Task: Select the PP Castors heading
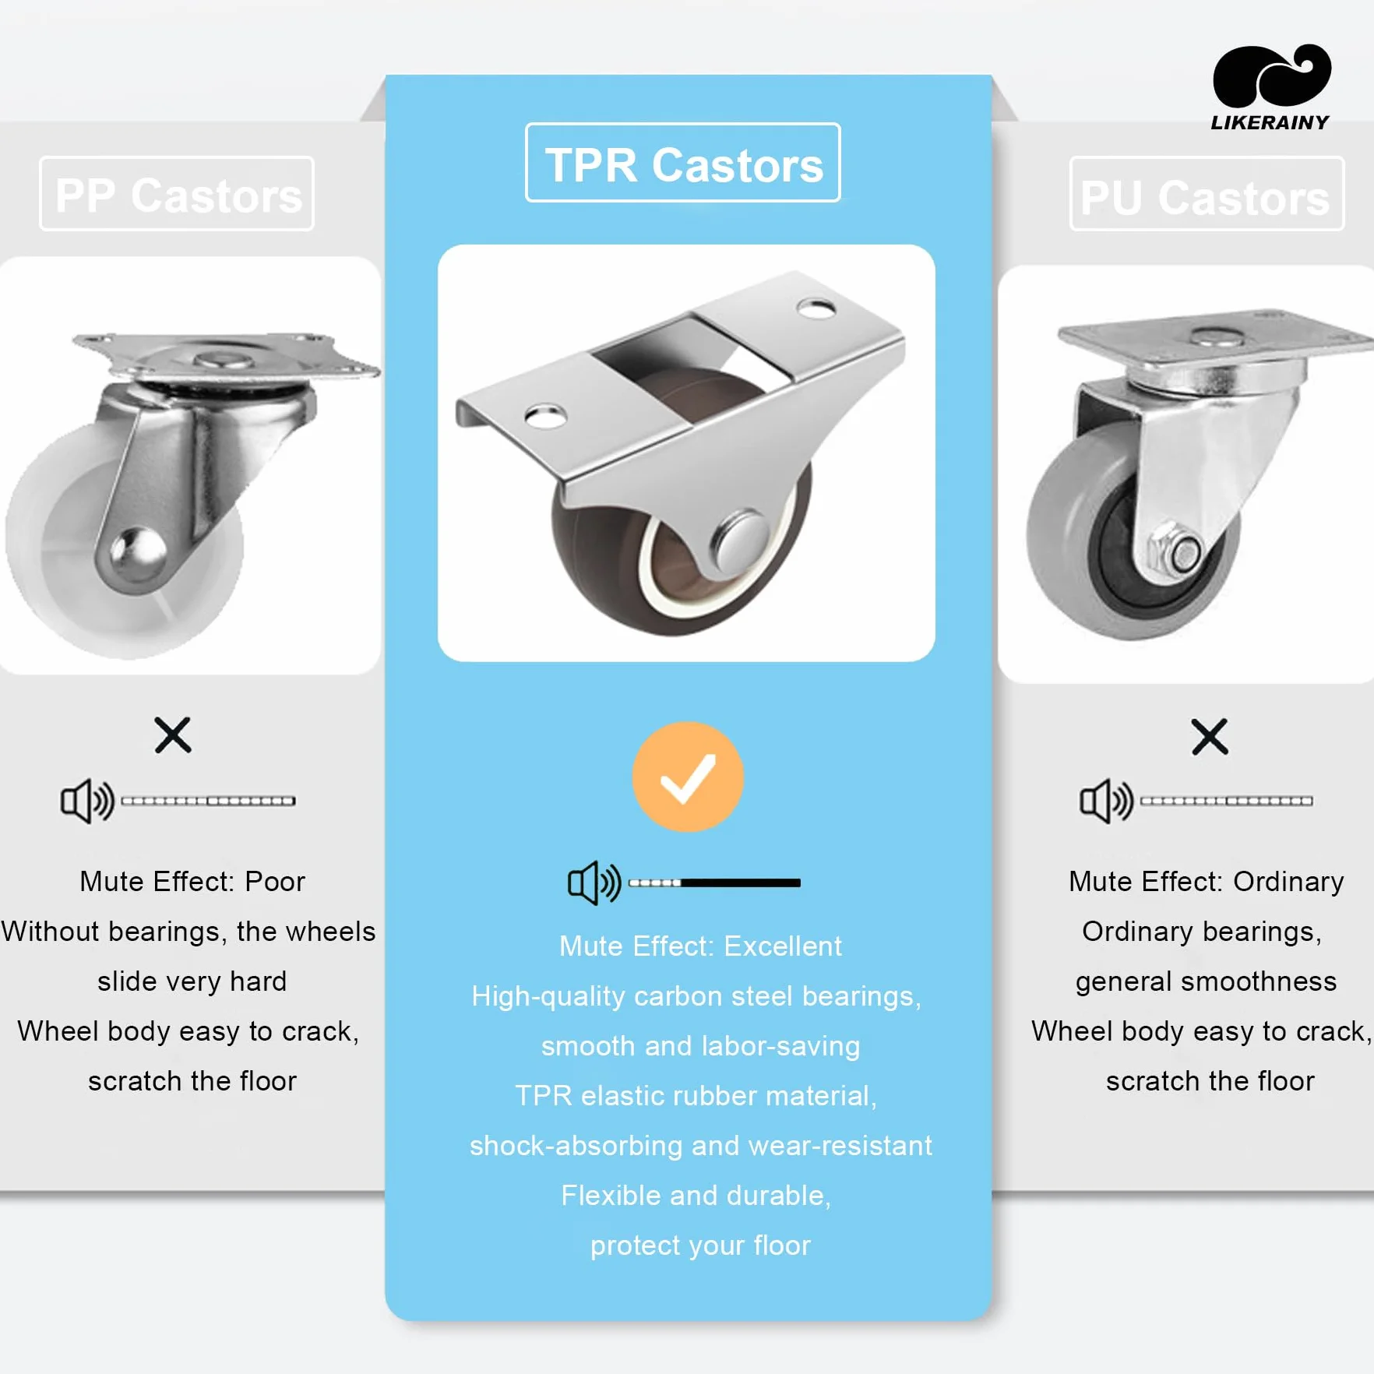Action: point(178,195)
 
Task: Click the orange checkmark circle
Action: point(688,777)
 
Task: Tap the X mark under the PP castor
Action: point(173,735)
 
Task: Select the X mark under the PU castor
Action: point(1210,737)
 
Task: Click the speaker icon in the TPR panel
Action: point(594,883)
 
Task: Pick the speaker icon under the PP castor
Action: point(87,801)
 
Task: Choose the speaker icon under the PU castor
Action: point(1106,801)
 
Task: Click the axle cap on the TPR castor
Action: point(740,539)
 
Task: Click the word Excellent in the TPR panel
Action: point(783,946)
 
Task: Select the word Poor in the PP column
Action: point(275,882)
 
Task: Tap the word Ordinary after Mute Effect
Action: point(1288,882)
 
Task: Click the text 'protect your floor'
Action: point(700,1246)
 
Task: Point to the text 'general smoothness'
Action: point(1206,981)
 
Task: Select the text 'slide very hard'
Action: point(192,981)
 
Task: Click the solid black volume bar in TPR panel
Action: point(741,883)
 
